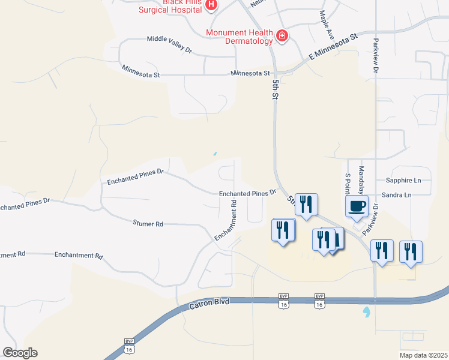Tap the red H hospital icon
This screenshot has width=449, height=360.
tap(211, 5)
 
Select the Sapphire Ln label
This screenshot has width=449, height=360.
tap(402, 180)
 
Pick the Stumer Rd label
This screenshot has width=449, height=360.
tap(148, 224)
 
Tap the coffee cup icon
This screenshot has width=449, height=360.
tap(357, 206)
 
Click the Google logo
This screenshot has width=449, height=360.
tap(20, 353)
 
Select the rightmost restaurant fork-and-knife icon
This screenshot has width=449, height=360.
tap(411, 251)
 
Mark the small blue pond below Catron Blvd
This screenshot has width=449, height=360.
tap(366, 312)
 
